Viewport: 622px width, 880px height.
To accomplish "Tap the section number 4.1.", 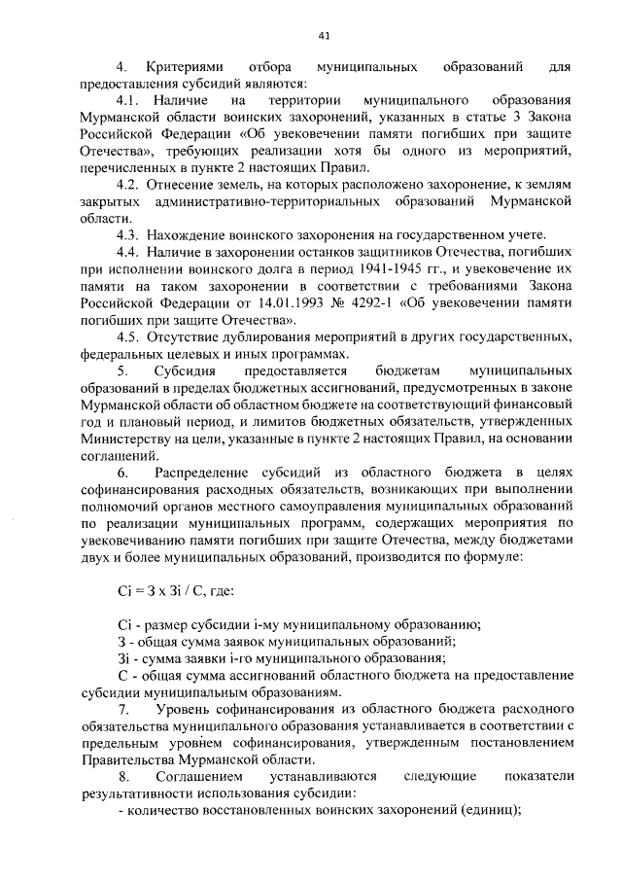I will click(128, 100).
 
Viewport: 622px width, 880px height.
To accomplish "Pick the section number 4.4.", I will click(128, 249).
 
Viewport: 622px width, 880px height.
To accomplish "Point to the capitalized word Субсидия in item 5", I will click(185, 370).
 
